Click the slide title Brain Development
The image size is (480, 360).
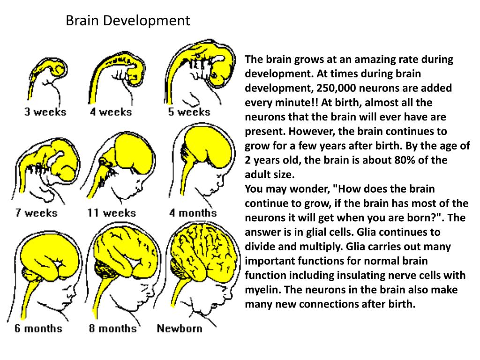[x=127, y=21]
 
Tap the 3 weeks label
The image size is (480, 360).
[x=45, y=112]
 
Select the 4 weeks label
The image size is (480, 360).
[x=112, y=112]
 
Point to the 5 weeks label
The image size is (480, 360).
[x=189, y=112]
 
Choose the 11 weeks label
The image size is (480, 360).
[x=111, y=213]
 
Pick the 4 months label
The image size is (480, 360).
[x=193, y=213]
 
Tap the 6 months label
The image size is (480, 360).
[x=38, y=328]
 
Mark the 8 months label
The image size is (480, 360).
[x=113, y=328]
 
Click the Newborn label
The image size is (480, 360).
[x=180, y=328]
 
